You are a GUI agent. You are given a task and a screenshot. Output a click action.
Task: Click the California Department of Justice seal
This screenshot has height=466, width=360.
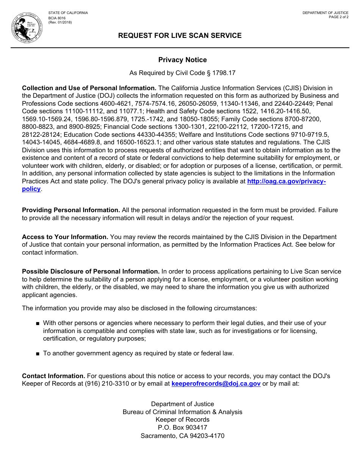(27, 27)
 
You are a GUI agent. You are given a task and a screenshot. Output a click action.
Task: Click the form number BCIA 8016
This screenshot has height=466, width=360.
(57, 18)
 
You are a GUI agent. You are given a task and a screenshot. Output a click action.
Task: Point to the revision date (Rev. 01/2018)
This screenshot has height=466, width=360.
(60, 22)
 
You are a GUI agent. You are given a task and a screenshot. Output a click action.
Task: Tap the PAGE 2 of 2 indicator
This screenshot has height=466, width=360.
(338, 17)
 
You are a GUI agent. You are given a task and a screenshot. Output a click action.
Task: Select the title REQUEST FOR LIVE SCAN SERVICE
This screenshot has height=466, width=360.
(180, 36)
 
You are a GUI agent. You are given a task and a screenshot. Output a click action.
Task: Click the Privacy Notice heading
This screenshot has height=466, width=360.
(182, 60)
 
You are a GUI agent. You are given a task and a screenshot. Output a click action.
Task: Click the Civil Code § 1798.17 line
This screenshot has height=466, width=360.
(182, 73)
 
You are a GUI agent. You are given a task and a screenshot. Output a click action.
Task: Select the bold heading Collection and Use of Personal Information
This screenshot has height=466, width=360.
(89, 88)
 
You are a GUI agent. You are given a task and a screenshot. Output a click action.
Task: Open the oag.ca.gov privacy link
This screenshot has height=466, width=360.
(286, 181)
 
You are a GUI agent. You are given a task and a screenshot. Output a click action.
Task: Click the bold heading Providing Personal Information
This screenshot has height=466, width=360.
(71, 210)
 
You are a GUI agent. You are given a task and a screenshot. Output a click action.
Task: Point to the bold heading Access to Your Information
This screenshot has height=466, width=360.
(65, 237)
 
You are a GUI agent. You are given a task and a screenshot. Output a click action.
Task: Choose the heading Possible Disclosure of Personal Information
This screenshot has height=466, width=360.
(91, 272)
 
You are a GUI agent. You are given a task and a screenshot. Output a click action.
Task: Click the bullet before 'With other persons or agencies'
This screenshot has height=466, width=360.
(38, 324)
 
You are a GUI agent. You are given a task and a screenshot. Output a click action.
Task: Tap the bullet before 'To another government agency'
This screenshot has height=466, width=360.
(38, 354)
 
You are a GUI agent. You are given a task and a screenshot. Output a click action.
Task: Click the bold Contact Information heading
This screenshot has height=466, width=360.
(53, 376)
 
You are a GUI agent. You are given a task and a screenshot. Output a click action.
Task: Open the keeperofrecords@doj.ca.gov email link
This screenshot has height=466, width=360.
(216, 384)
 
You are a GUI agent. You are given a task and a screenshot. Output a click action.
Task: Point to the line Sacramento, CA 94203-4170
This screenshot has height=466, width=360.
(182, 436)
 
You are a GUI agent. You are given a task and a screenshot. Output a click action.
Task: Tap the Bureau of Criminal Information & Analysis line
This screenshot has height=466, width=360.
(182, 412)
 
